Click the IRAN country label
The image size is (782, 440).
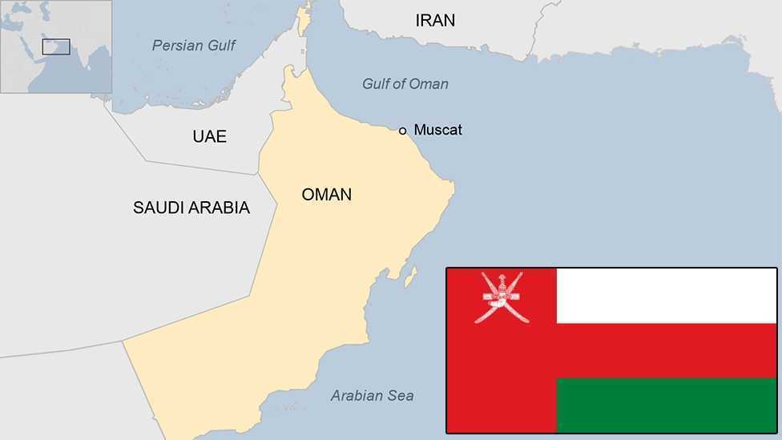[x=435, y=21]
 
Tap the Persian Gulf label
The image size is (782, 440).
[x=194, y=46]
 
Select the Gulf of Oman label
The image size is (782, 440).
[x=405, y=84]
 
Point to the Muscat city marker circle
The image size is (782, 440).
[x=403, y=131]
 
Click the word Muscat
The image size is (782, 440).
[x=438, y=130]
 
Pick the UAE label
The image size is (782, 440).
[x=209, y=136]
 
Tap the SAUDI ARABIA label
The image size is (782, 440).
[x=191, y=208]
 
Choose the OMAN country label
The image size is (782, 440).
[x=326, y=194]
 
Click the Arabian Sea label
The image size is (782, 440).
[x=372, y=395]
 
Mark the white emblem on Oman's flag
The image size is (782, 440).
[x=502, y=297]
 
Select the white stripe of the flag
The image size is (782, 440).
[x=667, y=296]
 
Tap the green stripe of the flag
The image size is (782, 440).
[x=667, y=406]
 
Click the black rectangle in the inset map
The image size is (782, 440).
[x=56, y=47]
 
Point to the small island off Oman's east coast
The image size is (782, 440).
[x=409, y=277]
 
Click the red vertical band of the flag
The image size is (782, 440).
[x=502, y=377]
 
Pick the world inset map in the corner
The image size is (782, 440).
[x=56, y=46]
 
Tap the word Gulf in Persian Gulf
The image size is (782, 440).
[x=219, y=46]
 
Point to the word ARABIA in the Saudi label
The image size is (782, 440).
[x=220, y=208]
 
